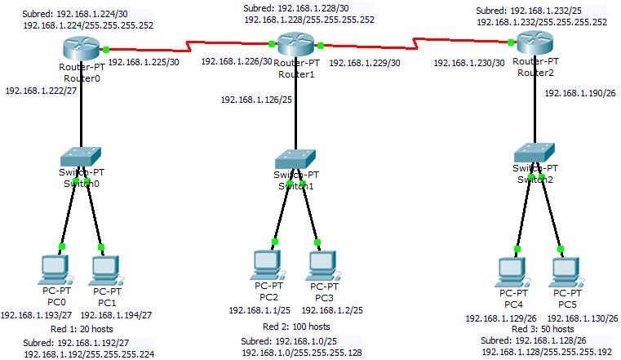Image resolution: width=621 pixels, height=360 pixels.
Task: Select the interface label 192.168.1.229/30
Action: (365, 62)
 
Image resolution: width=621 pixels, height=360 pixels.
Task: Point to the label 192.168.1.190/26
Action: (580, 93)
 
